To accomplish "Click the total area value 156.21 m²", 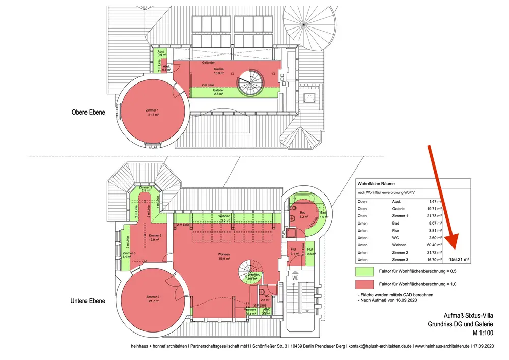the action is click(x=459, y=259).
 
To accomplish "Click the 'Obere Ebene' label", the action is click(x=88, y=112).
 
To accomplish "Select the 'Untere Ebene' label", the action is click(x=88, y=301).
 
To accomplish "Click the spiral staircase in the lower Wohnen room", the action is click(x=252, y=270).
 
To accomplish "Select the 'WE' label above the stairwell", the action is click(x=295, y=278).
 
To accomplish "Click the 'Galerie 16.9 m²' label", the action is click(x=219, y=71).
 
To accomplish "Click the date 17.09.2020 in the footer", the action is click(x=482, y=346).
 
